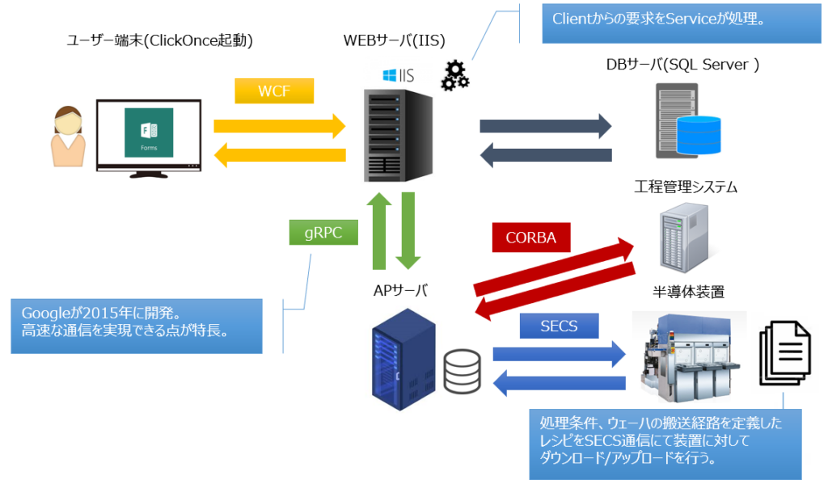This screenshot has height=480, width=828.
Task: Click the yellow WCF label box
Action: (274, 91)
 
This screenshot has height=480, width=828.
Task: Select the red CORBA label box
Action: (531, 238)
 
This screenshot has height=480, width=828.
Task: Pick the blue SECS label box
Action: (559, 326)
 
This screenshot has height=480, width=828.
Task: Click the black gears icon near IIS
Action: (454, 75)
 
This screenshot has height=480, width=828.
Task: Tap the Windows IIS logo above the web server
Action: (399, 75)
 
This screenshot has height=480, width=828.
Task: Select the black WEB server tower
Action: (394, 133)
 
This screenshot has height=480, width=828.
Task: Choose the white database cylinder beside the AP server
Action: (463, 370)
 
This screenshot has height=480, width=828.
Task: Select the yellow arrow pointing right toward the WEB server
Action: (279, 125)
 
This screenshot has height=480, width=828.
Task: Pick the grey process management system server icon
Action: (684, 236)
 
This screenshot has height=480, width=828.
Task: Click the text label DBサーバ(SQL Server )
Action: (682, 65)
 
